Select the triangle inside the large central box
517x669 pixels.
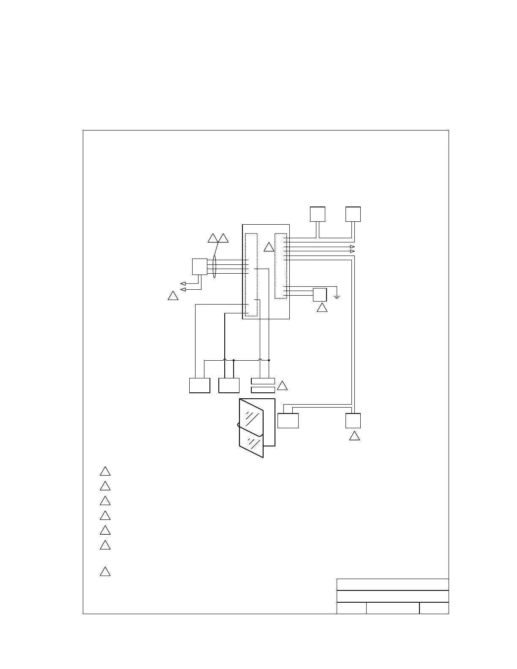(269, 247)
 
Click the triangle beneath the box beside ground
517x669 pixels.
(322, 308)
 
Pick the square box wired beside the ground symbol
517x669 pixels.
(320, 294)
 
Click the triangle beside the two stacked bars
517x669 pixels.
(282, 386)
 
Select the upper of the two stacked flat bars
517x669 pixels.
(263, 381)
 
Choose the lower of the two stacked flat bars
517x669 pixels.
(263, 390)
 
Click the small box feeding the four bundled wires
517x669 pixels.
(199, 267)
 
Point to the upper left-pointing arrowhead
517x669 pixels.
(183, 283)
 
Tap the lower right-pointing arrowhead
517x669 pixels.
(352, 251)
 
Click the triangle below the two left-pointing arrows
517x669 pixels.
(173, 296)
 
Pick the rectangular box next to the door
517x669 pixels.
(288, 421)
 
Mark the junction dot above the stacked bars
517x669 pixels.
(269, 360)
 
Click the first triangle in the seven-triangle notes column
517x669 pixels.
(105, 471)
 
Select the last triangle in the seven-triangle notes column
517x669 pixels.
(105, 572)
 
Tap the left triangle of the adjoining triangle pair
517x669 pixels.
(213, 238)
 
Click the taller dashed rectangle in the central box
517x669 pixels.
(251, 275)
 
